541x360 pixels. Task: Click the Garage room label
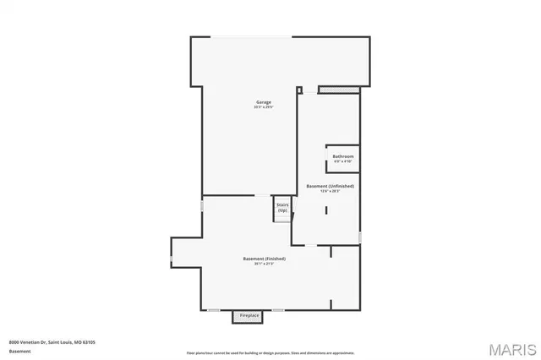(x=265, y=102)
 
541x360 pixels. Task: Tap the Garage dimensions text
(x=265, y=107)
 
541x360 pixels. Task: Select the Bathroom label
(x=342, y=156)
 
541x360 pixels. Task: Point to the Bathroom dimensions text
(x=342, y=161)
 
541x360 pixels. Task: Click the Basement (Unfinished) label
(x=330, y=186)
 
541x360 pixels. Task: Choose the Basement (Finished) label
(x=264, y=258)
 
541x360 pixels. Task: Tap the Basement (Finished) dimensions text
(x=264, y=263)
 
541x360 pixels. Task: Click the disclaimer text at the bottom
(x=270, y=352)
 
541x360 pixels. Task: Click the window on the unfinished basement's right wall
(x=360, y=237)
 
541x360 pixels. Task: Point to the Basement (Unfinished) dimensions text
(x=330, y=191)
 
